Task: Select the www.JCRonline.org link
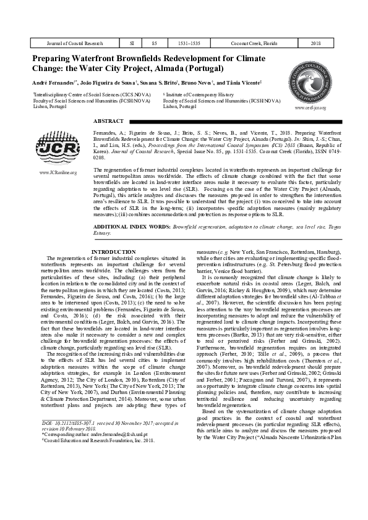point(58,172)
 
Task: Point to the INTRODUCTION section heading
point(114,252)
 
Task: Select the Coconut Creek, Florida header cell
point(254,44)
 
